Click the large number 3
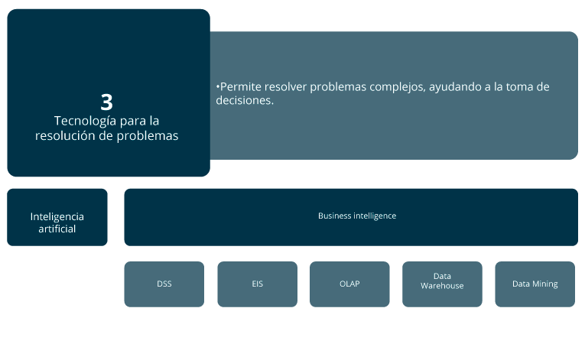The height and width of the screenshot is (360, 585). pos(107,102)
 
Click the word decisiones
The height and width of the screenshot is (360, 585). pos(245,100)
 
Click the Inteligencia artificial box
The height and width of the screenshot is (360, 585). pos(57,217)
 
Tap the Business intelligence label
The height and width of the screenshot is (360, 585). pos(357,216)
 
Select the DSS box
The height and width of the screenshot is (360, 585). pos(164,284)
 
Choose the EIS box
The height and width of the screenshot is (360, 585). pos(258,284)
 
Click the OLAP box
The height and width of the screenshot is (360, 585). pos(349,284)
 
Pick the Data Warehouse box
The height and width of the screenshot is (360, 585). pos(442,284)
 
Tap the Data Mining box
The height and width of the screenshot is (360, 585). pos(535,284)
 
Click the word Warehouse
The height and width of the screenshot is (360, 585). pos(442,286)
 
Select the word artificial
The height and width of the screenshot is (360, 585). pos(57,229)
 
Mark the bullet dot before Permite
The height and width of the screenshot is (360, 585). pos(217,87)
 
